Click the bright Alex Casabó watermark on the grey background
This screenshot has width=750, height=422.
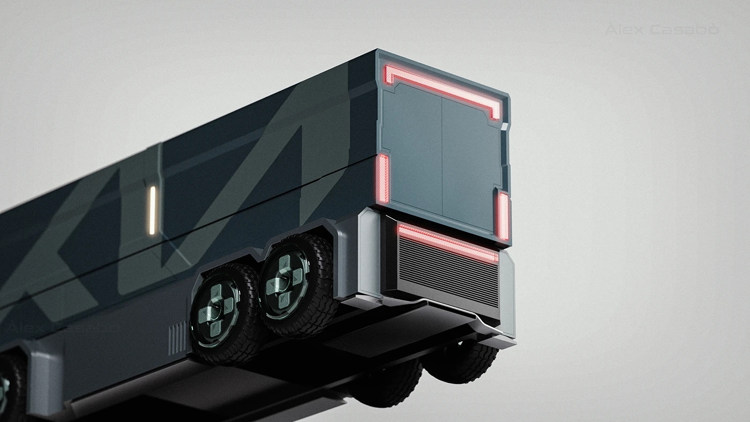(x=662, y=30)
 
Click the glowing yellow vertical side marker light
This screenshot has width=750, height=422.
(x=152, y=210)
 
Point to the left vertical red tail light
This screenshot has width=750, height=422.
(x=383, y=178)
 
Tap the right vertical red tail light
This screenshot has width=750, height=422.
(x=503, y=215)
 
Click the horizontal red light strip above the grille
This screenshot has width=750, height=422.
(x=448, y=242)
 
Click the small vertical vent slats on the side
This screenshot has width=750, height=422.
(x=177, y=338)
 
